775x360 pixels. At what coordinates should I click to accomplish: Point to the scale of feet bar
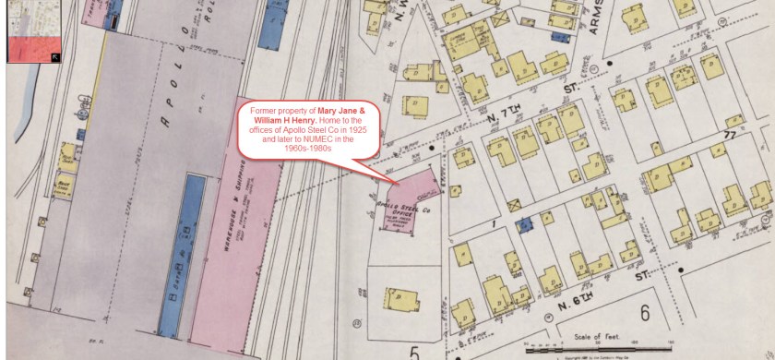click(599, 350)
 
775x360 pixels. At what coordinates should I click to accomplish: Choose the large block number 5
click(415, 352)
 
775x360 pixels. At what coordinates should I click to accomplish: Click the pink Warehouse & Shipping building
click(238, 240)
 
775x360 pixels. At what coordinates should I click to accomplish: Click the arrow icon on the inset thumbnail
click(54, 57)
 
